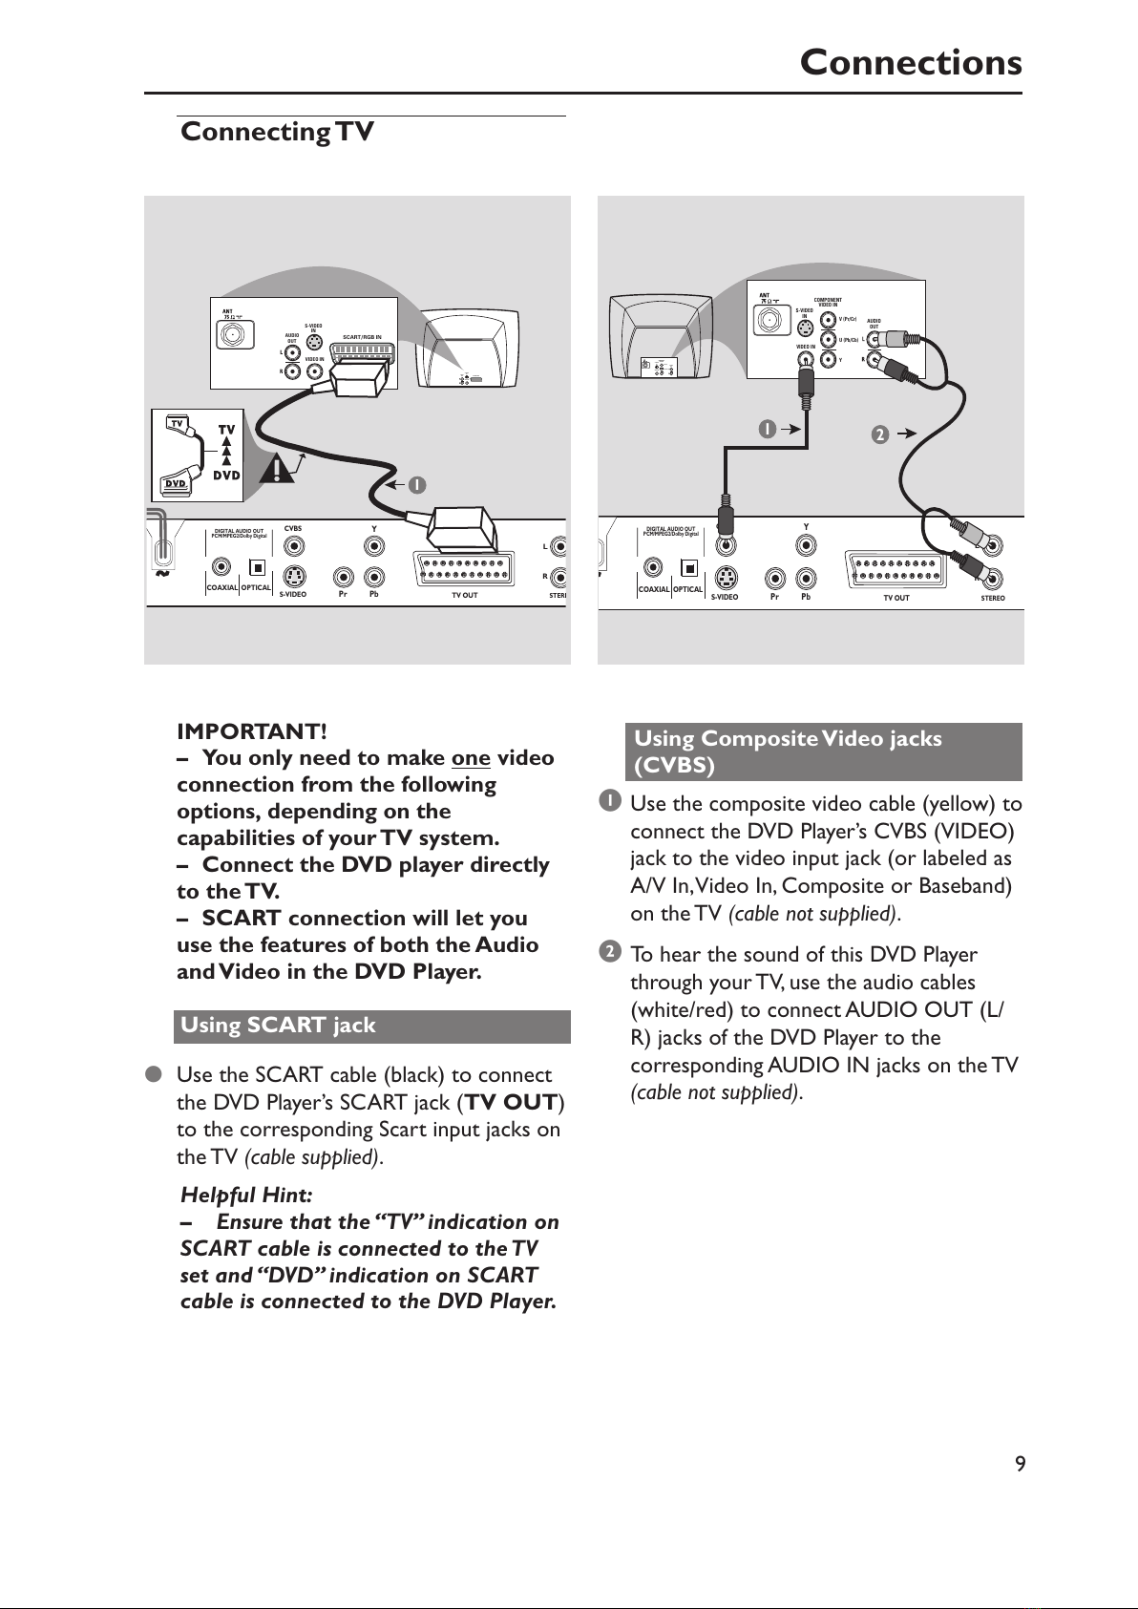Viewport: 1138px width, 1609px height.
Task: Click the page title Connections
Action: [910, 63]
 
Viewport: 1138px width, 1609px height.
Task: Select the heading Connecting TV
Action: [277, 132]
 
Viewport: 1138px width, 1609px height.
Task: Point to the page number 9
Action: [1020, 1464]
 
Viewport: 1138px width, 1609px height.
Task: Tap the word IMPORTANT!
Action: [252, 731]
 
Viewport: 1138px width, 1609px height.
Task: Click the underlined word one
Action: [471, 758]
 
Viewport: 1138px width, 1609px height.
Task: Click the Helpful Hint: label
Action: [246, 1195]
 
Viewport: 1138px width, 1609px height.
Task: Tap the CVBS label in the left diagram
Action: [293, 527]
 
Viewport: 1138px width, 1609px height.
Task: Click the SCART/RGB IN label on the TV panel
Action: [362, 337]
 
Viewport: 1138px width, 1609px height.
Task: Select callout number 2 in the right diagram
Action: [879, 435]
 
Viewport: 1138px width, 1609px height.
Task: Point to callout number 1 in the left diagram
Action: [416, 484]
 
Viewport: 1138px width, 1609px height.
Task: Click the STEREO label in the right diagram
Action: [992, 599]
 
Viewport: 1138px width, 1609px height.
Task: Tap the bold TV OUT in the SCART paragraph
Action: [511, 1103]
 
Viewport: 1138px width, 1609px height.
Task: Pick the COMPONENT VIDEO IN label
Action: [827, 303]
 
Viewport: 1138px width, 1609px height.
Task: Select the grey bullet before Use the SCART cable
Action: [152, 1075]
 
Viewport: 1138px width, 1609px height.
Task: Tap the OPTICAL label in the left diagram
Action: [256, 588]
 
